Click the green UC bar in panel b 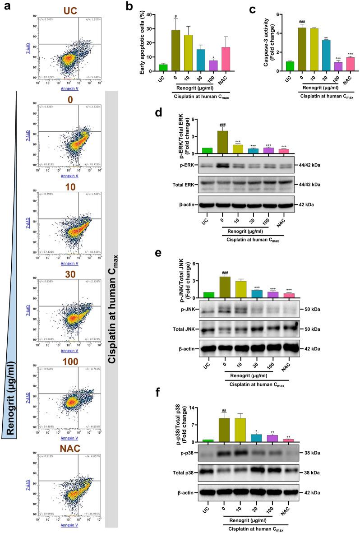tap(163, 67)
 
